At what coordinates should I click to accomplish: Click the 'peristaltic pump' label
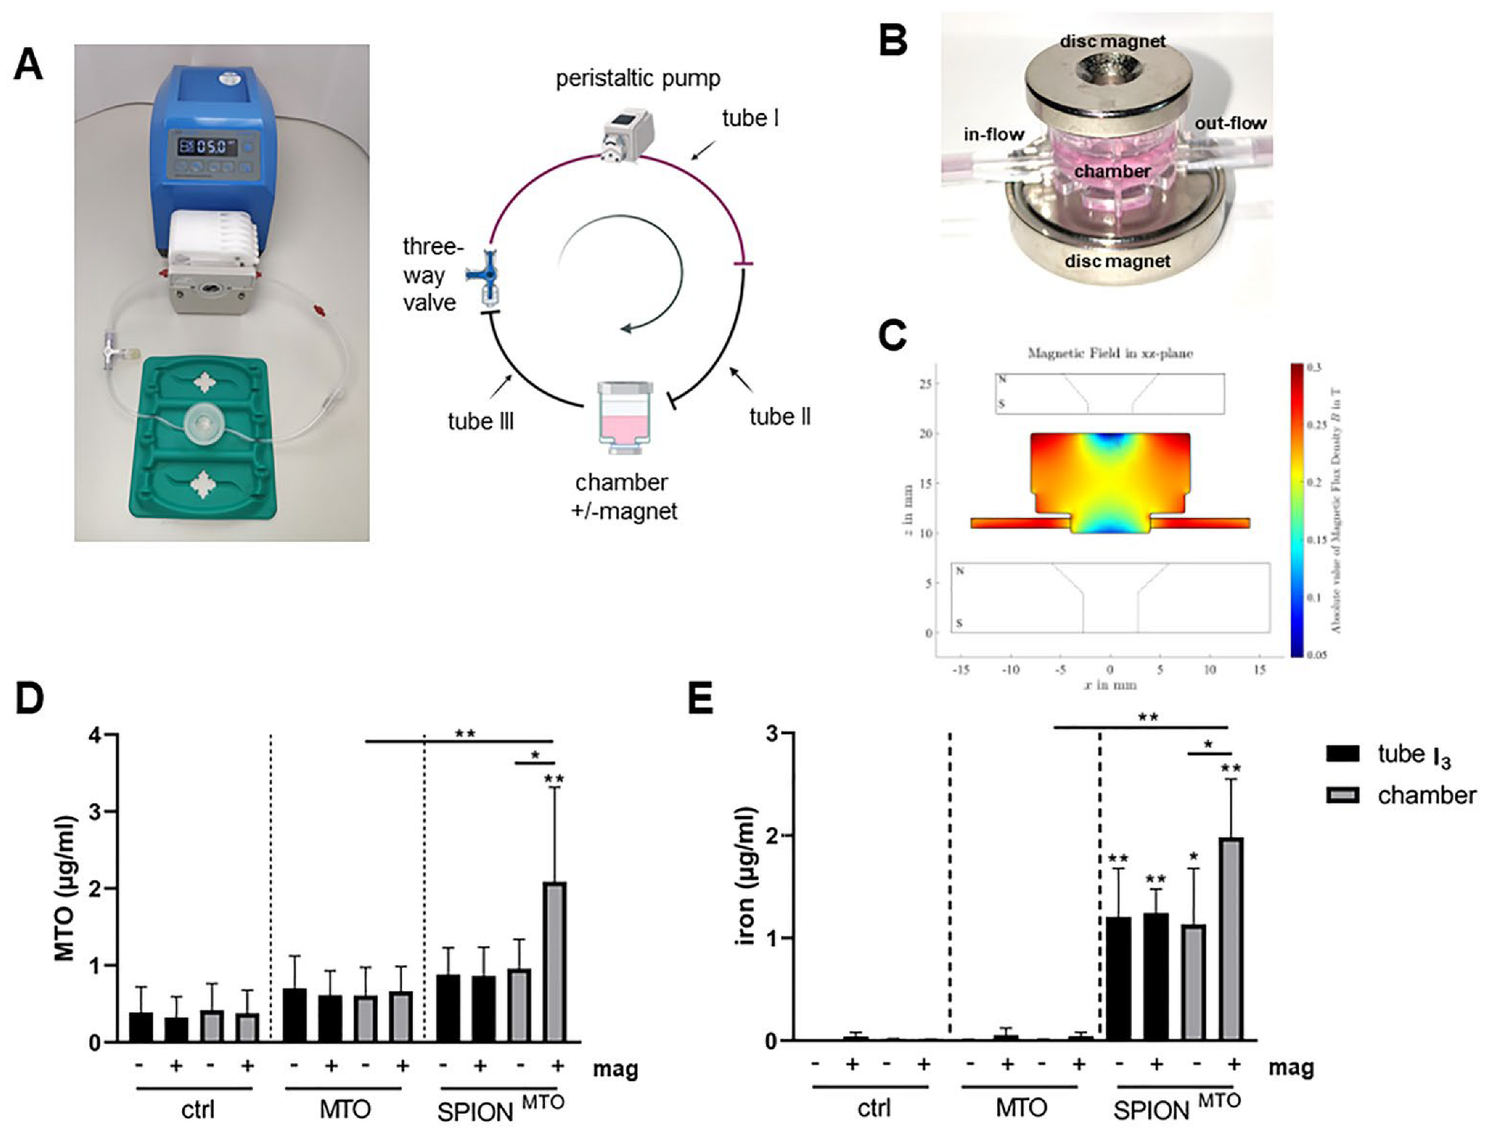pos(638,78)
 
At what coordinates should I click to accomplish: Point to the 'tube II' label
pos(780,417)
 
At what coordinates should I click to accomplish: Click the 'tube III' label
pos(481,421)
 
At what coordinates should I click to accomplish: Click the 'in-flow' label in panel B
pos(994,134)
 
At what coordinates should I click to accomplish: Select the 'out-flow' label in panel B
pos(1230,124)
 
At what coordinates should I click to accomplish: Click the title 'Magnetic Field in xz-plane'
pos(1110,353)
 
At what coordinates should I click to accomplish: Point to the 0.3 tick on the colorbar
pos(1316,367)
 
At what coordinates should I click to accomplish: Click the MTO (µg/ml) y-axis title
pos(65,888)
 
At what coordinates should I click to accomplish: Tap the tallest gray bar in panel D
pos(556,962)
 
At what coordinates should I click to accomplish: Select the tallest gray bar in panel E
pos(1231,939)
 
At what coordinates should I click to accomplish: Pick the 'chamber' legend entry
pos(1404,796)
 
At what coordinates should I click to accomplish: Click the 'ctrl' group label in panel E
pos(874,1107)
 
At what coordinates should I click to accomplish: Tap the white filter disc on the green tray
pos(204,423)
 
